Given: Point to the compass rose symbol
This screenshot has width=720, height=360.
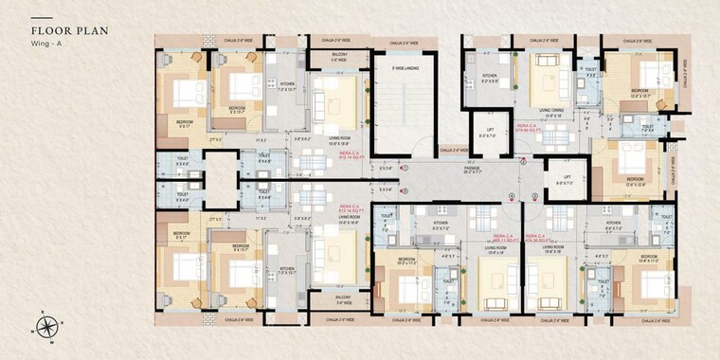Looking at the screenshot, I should point(45,329).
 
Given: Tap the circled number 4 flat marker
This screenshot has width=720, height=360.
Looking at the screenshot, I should point(512,196).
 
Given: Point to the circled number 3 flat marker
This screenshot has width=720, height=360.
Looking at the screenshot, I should point(534,196).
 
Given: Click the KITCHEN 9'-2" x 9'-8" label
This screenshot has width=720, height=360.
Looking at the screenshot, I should point(490,81).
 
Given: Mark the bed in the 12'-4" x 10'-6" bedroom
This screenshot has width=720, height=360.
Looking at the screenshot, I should point(634,156).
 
